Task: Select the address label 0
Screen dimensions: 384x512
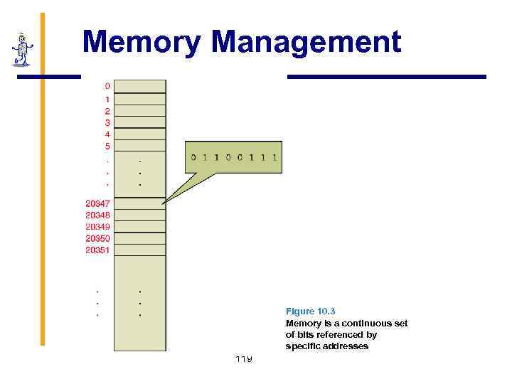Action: pyautogui.click(x=107, y=87)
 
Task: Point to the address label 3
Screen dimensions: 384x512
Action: pyautogui.click(x=107, y=123)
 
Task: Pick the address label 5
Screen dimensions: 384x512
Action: pyautogui.click(x=107, y=146)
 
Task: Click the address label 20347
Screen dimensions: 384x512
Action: pyautogui.click(x=97, y=203)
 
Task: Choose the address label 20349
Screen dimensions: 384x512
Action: pyautogui.click(x=97, y=227)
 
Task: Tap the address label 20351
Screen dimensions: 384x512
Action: pyautogui.click(x=97, y=250)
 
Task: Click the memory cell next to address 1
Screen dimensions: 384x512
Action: pyautogui.click(x=140, y=100)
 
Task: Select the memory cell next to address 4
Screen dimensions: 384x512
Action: pyautogui.click(x=140, y=134)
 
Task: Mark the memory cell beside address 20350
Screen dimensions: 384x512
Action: pyautogui.click(x=140, y=238)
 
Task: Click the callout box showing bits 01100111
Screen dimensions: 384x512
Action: pyautogui.click(x=233, y=157)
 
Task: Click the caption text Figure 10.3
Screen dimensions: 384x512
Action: pyautogui.click(x=310, y=311)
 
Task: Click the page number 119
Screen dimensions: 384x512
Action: pyautogui.click(x=244, y=358)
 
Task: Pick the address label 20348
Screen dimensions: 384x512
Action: pyautogui.click(x=97, y=215)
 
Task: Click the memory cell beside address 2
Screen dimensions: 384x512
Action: pyautogui.click(x=140, y=111)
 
